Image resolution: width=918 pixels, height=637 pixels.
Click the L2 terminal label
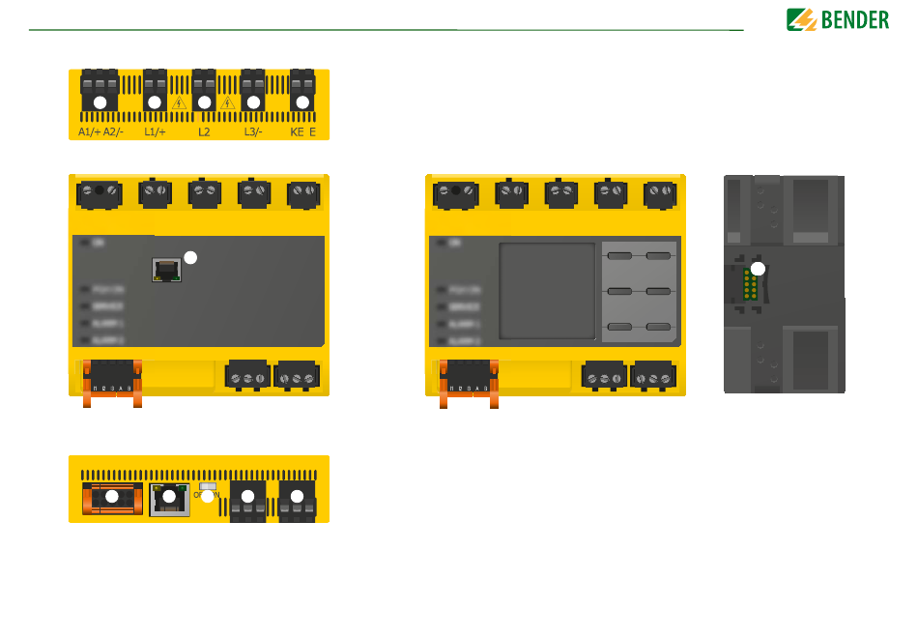point(204,131)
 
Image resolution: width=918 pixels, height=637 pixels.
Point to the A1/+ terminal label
point(89,131)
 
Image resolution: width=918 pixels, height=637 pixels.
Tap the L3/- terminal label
point(253,131)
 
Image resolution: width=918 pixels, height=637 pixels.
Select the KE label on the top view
point(297,131)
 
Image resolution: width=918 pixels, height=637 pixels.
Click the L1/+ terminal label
point(155,131)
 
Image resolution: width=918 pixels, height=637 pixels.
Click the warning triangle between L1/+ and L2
point(179,102)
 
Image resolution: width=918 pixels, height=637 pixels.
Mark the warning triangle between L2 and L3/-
point(228,102)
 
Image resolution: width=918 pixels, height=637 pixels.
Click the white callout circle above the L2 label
point(204,101)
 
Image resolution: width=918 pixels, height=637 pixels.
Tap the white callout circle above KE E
point(302,101)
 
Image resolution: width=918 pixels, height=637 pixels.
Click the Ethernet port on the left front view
point(167,272)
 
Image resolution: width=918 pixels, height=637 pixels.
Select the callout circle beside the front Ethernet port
point(190,257)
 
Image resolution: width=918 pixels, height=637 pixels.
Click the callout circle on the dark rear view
point(759,269)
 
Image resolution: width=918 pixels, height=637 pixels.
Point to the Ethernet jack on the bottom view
point(170,499)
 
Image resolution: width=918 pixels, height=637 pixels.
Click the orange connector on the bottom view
point(112,498)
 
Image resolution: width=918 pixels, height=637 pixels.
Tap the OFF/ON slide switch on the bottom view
point(207,488)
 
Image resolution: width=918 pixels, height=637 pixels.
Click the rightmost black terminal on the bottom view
point(297,498)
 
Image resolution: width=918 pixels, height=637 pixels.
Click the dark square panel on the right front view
point(547,291)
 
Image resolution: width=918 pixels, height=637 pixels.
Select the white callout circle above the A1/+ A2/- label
point(99,101)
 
